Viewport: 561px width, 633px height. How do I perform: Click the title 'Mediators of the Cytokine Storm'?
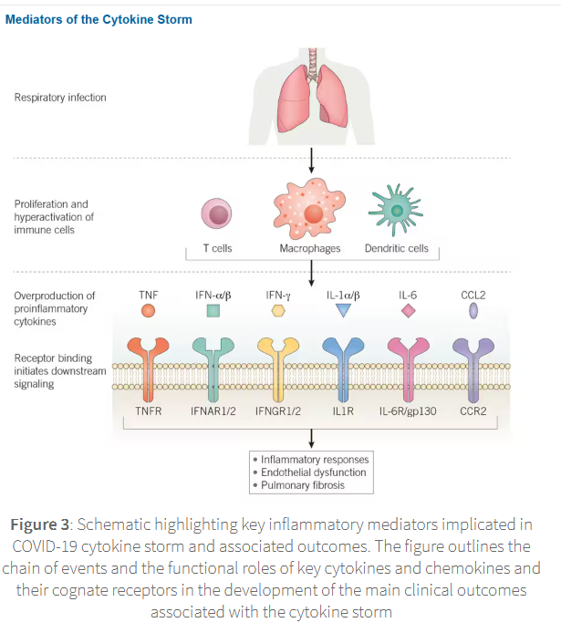tap(99, 19)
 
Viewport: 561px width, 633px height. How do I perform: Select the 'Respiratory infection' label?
tap(60, 98)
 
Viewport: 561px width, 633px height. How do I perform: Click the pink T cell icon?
tap(218, 215)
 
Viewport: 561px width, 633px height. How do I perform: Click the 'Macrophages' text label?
tap(310, 248)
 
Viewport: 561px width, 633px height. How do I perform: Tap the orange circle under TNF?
tap(148, 311)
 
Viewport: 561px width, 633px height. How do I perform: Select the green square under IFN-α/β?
tap(213, 311)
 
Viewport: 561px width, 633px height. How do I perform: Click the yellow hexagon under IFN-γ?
tap(277, 311)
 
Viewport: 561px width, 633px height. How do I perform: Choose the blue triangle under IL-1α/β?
tap(343, 311)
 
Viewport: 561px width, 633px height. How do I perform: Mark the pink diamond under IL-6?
tap(408, 311)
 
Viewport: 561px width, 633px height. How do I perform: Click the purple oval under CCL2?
tap(473, 311)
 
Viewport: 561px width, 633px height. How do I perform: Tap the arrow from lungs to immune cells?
tap(312, 157)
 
